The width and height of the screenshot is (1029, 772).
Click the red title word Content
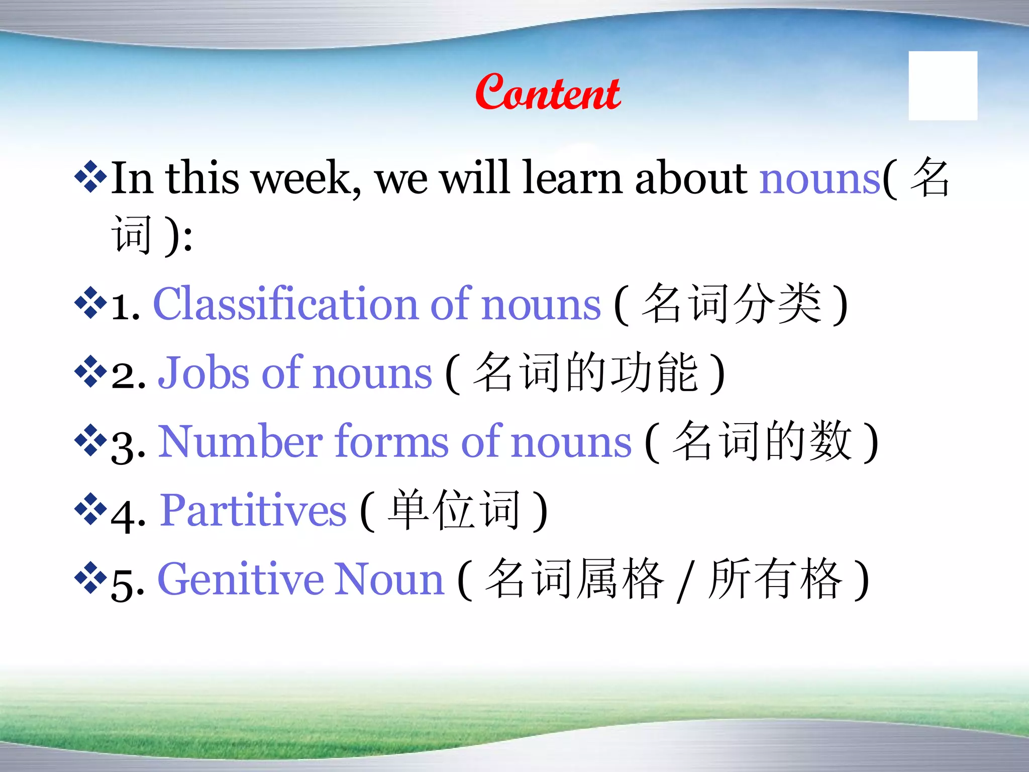click(x=548, y=92)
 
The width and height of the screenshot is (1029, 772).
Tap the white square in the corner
click(x=943, y=85)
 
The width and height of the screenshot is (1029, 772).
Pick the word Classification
click(x=285, y=304)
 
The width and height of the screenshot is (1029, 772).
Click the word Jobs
click(x=203, y=373)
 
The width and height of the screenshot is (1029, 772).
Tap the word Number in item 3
click(x=241, y=442)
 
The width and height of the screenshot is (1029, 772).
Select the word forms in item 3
click(x=392, y=442)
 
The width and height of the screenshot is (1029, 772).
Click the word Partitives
click(x=253, y=511)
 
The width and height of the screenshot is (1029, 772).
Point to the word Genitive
click(x=241, y=580)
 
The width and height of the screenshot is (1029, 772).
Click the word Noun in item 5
click(x=389, y=580)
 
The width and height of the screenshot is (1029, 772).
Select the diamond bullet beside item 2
click(x=90, y=371)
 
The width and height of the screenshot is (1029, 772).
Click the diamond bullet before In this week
click(x=90, y=176)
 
